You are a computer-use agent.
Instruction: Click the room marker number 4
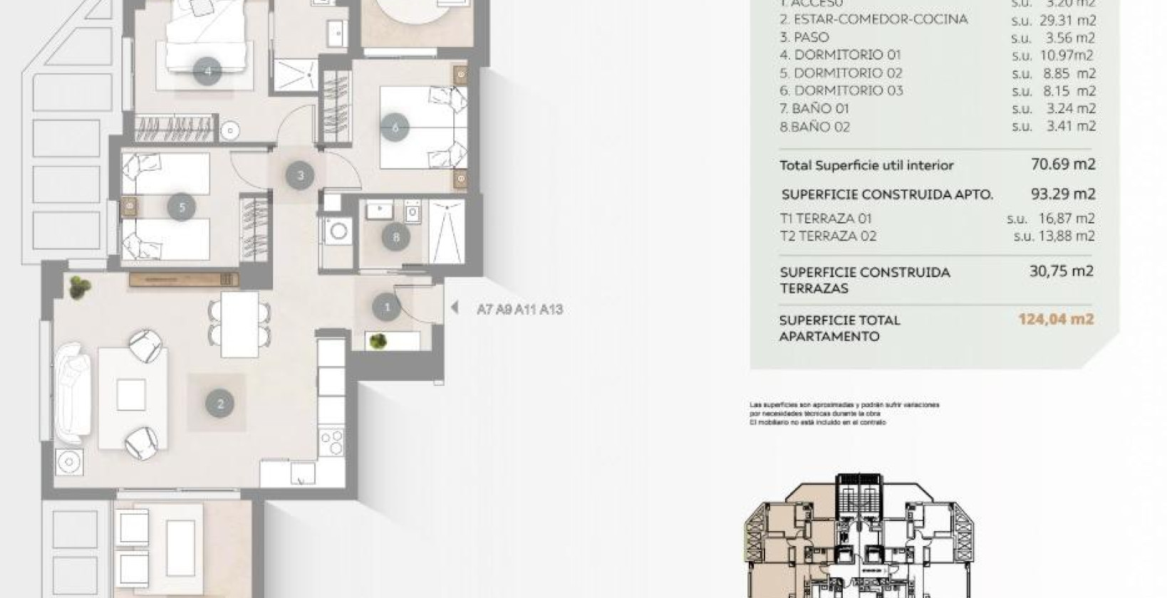pyautogui.click(x=207, y=71)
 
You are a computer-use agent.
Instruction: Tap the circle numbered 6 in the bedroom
pyautogui.click(x=395, y=127)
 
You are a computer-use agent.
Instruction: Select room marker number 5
pyautogui.click(x=182, y=207)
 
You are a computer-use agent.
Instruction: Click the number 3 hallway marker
pyautogui.click(x=300, y=175)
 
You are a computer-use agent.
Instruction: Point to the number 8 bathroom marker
pyautogui.click(x=396, y=237)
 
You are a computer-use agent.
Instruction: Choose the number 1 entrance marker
pyautogui.click(x=387, y=308)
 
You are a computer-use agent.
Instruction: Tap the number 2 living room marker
pyautogui.click(x=219, y=404)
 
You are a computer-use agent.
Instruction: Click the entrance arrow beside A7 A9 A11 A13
pyautogui.click(x=455, y=308)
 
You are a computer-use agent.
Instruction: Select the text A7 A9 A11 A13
pyautogui.click(x=520, y=310)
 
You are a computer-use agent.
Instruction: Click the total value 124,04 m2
pyautogui.click(x=1055, y=319)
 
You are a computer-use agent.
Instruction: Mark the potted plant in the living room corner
pyautogui.click(x=79, y=288)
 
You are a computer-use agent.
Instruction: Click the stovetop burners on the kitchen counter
pyautogui.click(x=331, y=441)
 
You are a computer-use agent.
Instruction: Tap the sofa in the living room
pyautogui.click(x=73, y=394)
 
